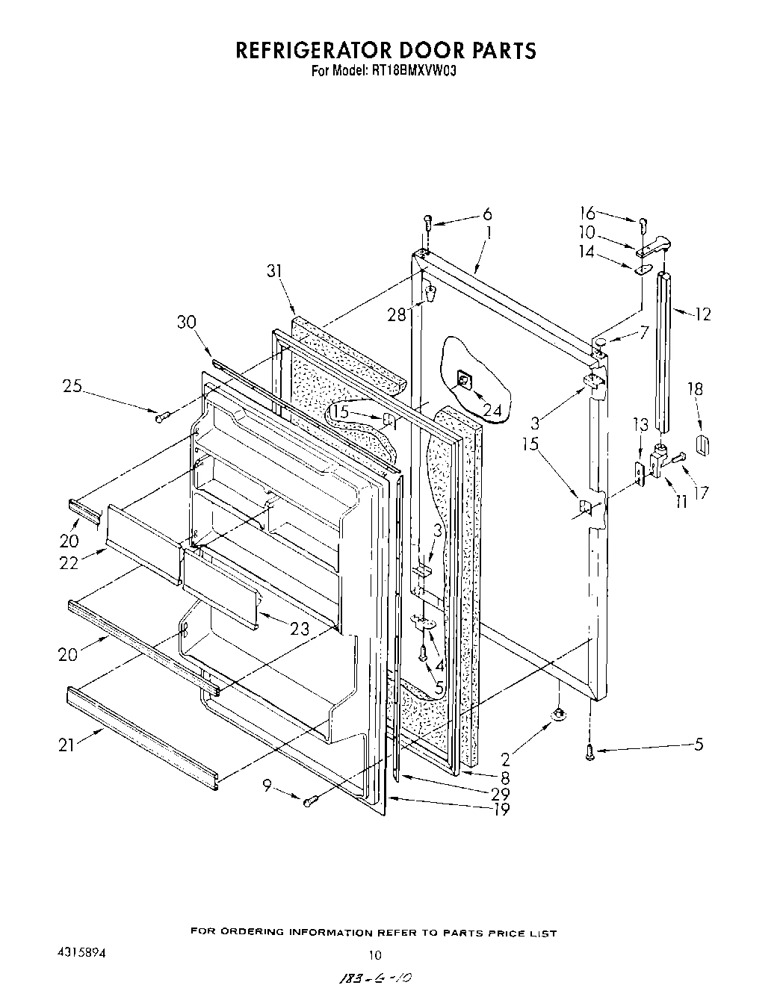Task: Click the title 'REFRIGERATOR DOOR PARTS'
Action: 386,50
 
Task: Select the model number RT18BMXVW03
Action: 413,72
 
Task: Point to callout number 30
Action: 188,322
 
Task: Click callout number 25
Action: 72,386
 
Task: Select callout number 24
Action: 492,409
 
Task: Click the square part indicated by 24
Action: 463,382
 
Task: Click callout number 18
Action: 696,389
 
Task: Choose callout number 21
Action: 66,745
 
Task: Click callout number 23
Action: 300,629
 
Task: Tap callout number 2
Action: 506,760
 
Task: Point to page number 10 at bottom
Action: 375,954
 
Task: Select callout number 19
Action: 501,809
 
